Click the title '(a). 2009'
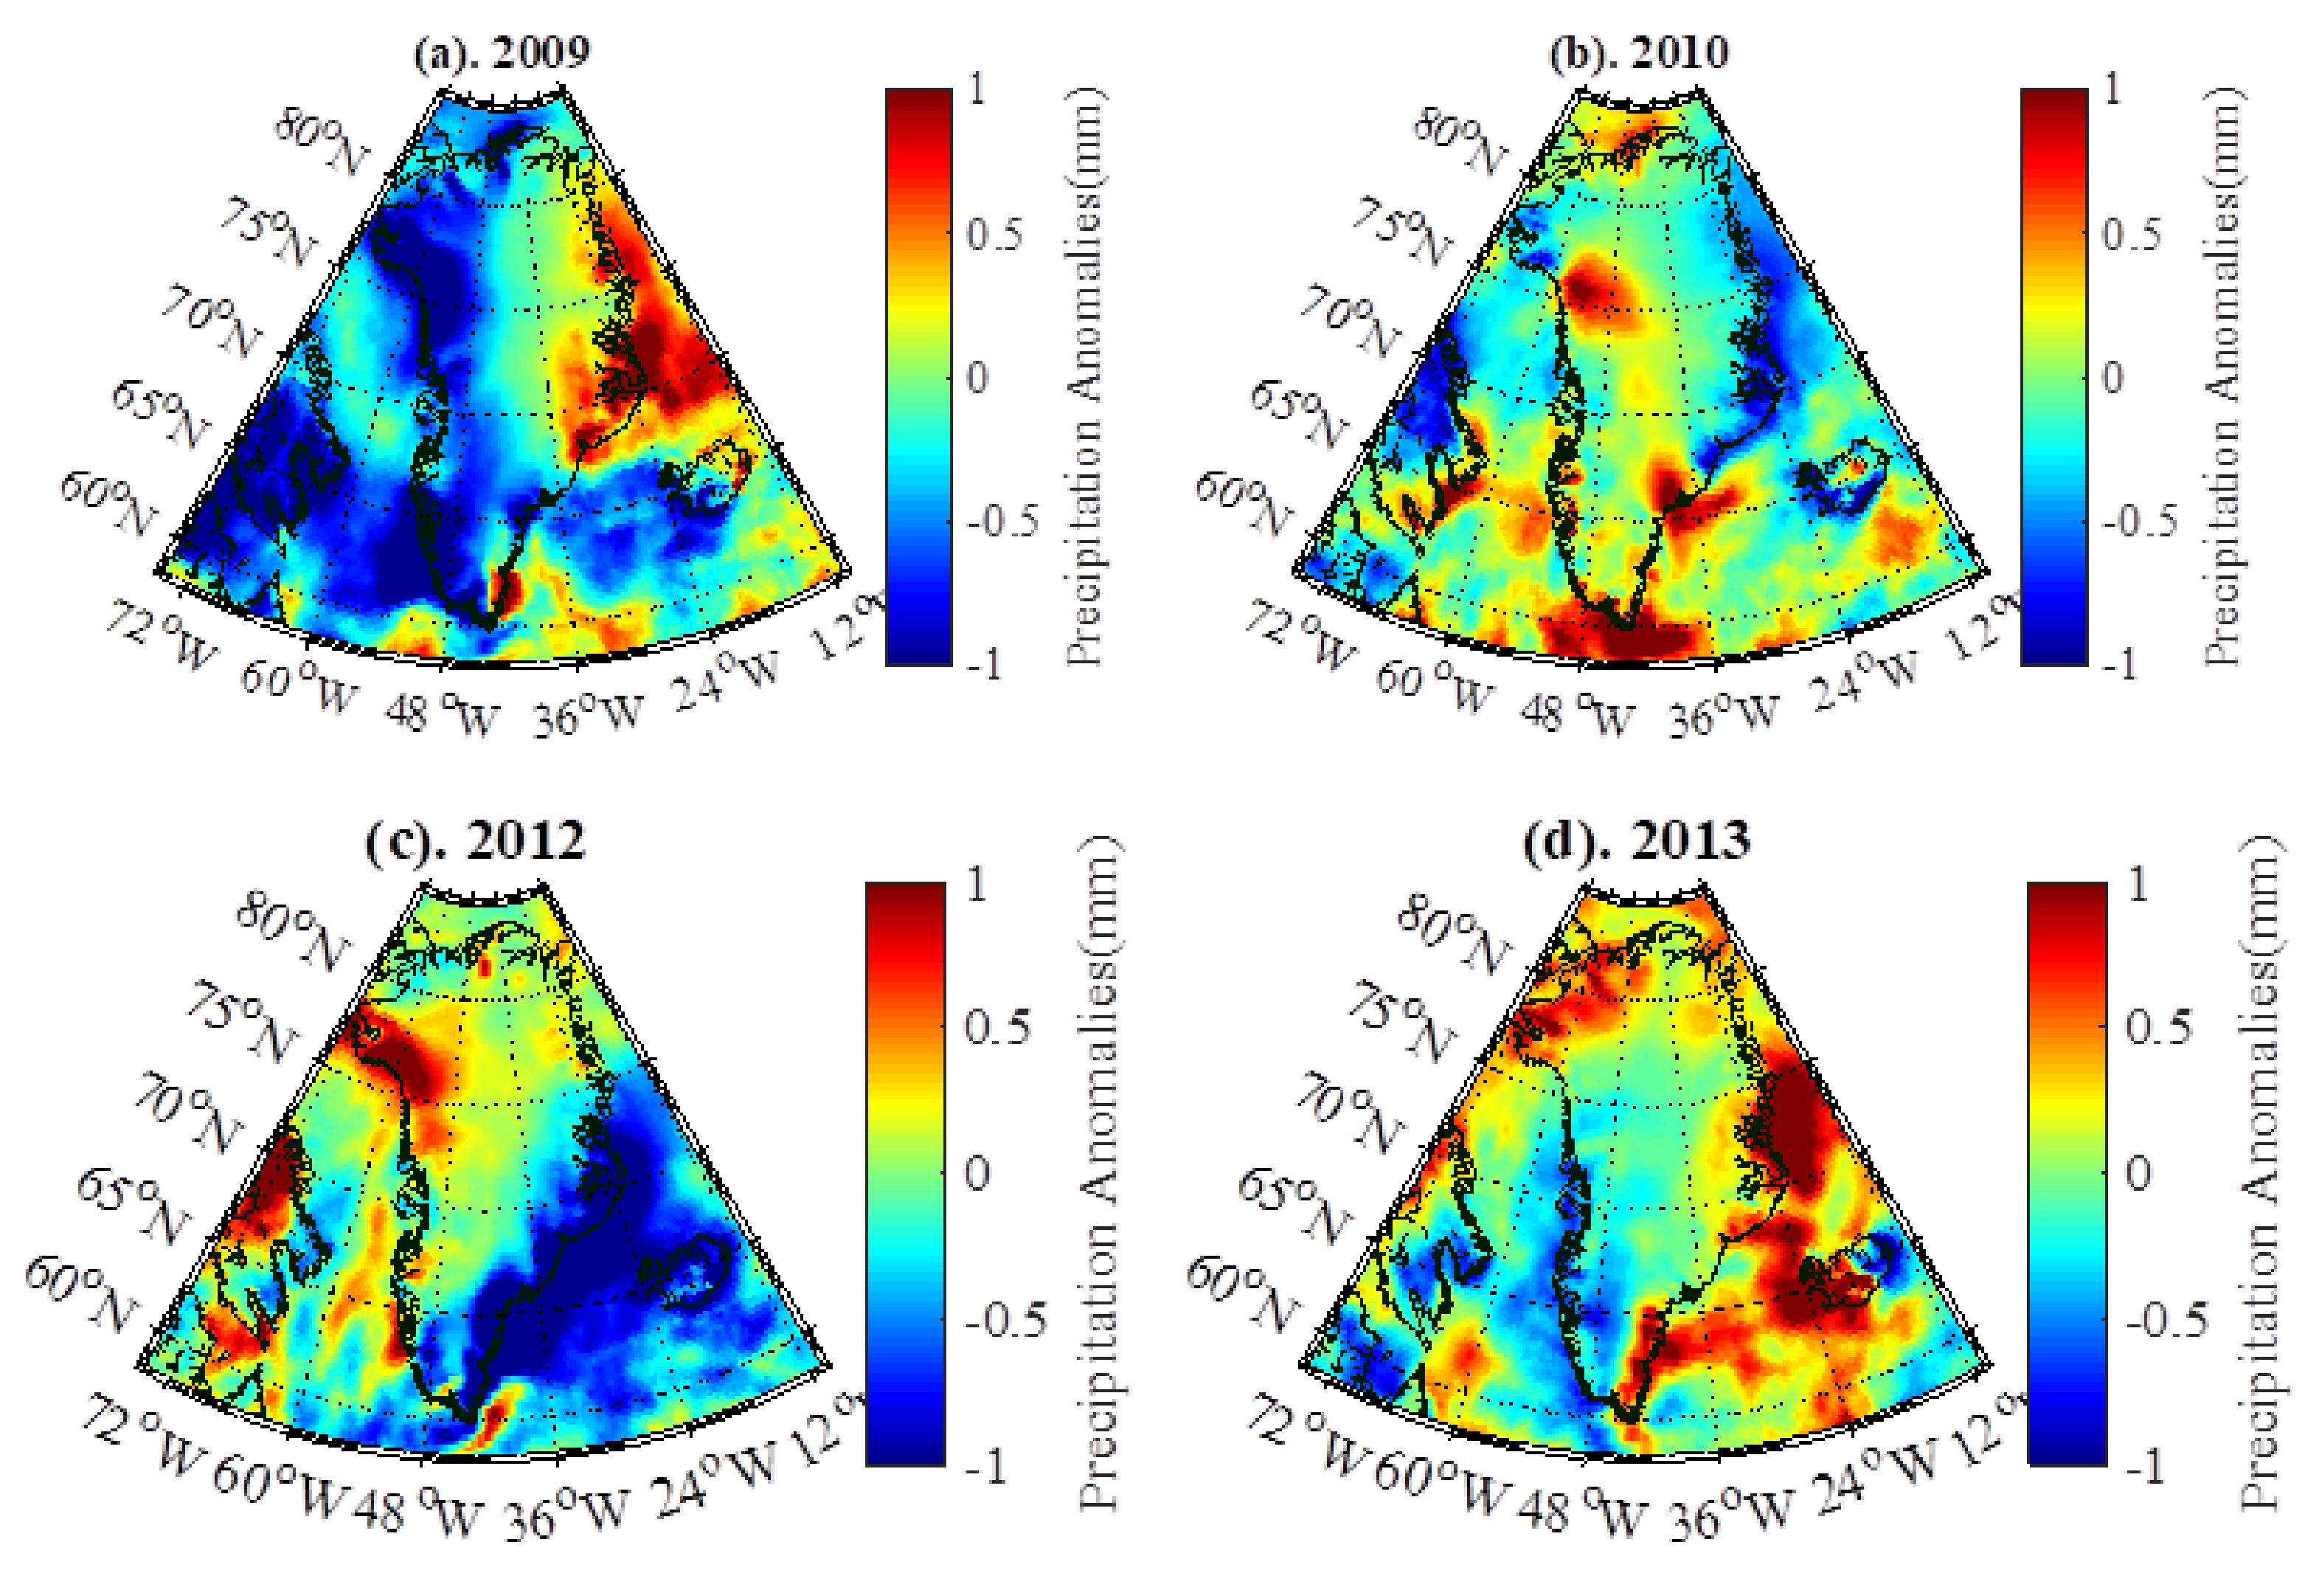pyautogui.click(x=502, y=52)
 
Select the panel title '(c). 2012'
pyautogui.click(x=475, y=840)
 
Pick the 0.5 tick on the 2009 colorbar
pyautogui.click(x=994, y=235)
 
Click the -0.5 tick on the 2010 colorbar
pyautogui.click(x=2138, y=521)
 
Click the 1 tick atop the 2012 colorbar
pyautogui.click(x=977, y=885)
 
